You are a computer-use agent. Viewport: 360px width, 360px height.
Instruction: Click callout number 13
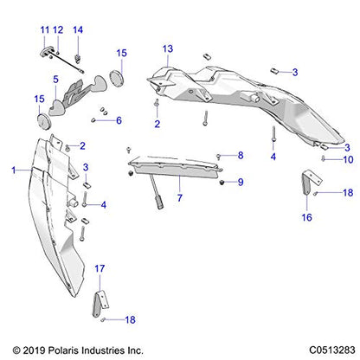point(168,48)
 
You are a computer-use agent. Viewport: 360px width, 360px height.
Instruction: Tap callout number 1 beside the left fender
point(14,170)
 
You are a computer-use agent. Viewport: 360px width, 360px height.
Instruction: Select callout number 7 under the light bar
point(180,198)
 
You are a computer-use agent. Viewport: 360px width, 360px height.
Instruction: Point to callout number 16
point(306,217)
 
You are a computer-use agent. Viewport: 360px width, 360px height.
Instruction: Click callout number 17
point(100,268)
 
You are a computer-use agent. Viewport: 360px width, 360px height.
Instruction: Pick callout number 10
point(348,159)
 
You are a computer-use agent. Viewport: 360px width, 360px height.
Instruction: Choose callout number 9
point(241,182)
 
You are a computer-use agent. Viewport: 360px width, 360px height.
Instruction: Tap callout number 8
point(241,156)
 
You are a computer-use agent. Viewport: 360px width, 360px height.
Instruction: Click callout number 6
point(119,120)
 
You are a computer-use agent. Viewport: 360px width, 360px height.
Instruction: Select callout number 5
point(55,80)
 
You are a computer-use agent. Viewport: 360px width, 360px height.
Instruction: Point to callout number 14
point(78,29)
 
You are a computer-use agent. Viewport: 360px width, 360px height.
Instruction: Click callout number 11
point(45,29)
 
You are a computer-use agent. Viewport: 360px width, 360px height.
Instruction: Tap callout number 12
point(58,29)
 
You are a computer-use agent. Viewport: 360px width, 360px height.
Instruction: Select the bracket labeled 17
point(100,304)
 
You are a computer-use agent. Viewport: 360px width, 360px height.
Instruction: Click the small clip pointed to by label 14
point(78,59)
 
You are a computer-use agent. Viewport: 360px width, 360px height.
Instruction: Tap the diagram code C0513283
point(332,350)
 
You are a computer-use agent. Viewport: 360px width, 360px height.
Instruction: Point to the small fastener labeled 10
point(324,158)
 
